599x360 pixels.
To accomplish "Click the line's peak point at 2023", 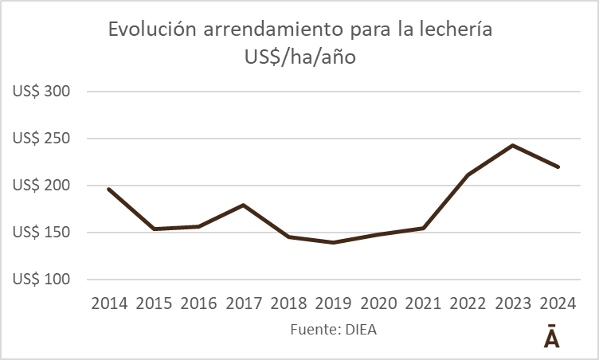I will click(x=513, y=146).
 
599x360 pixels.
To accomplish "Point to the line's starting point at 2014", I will click(x=108, y=189).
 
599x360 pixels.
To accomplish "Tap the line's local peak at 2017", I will click(x=243, y=205).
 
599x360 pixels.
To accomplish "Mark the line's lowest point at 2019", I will click(x=333, y=242).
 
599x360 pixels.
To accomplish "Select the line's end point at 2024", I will click(x=558, y=167).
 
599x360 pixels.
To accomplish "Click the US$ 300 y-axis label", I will click(x=42, y=92).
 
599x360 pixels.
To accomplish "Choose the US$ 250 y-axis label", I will click(x=42, y=139).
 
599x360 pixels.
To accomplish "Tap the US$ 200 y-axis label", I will click(x=42, y=186).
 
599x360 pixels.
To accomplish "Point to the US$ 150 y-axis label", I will click(x=42, y=233).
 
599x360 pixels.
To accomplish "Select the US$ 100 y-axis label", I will click(x=42, y=280).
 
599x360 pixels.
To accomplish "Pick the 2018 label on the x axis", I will click(x=288, y=303).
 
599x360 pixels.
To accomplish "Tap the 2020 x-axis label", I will click(x=378, y=303).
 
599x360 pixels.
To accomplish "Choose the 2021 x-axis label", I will click(x=423, y=303).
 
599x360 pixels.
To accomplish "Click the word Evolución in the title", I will click(x=152, y=31).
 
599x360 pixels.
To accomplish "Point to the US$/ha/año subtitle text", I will click(x=299, y=58).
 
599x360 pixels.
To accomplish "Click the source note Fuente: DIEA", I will click(x=332, y=329).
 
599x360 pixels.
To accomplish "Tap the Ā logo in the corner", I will click(x=551, y=336).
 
